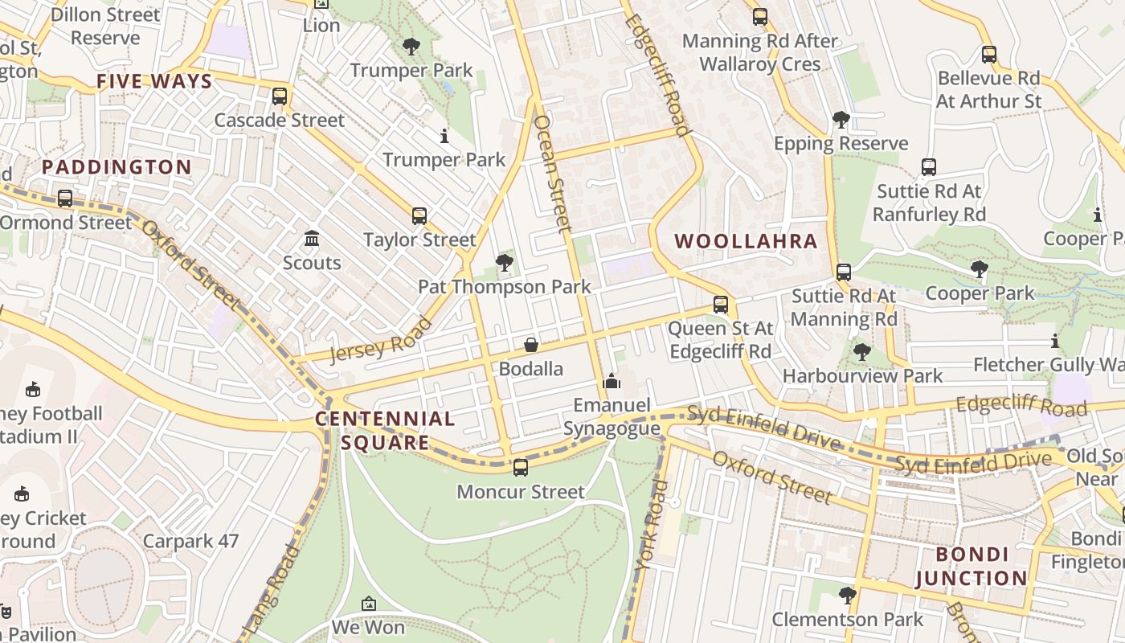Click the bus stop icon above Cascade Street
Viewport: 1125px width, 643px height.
pos(280,96)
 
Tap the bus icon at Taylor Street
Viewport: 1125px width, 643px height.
pos(419,215)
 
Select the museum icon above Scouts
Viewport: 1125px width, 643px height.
pos(312,239)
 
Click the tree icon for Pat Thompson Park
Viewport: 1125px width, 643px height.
pos(505,262)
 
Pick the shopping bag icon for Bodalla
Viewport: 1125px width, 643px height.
pos(531,345)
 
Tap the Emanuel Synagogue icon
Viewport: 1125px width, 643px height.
pos(612,381)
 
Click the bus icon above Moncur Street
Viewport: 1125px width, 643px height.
pos(521,467)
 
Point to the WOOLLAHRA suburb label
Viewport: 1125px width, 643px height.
pos(746,241)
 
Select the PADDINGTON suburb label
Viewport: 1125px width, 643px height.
pos(117,167)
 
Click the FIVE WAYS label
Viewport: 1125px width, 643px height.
pos(154,81)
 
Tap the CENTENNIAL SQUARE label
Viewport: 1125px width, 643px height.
pos(385,431)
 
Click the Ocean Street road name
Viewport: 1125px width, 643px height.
pos(552,174)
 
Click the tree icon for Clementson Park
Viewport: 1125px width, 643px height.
pos(847,595)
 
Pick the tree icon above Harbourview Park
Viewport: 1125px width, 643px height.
pos(862,351)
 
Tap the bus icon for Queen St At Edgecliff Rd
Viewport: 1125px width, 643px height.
pos(721,305)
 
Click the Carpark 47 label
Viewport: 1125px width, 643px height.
pos(190,541)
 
